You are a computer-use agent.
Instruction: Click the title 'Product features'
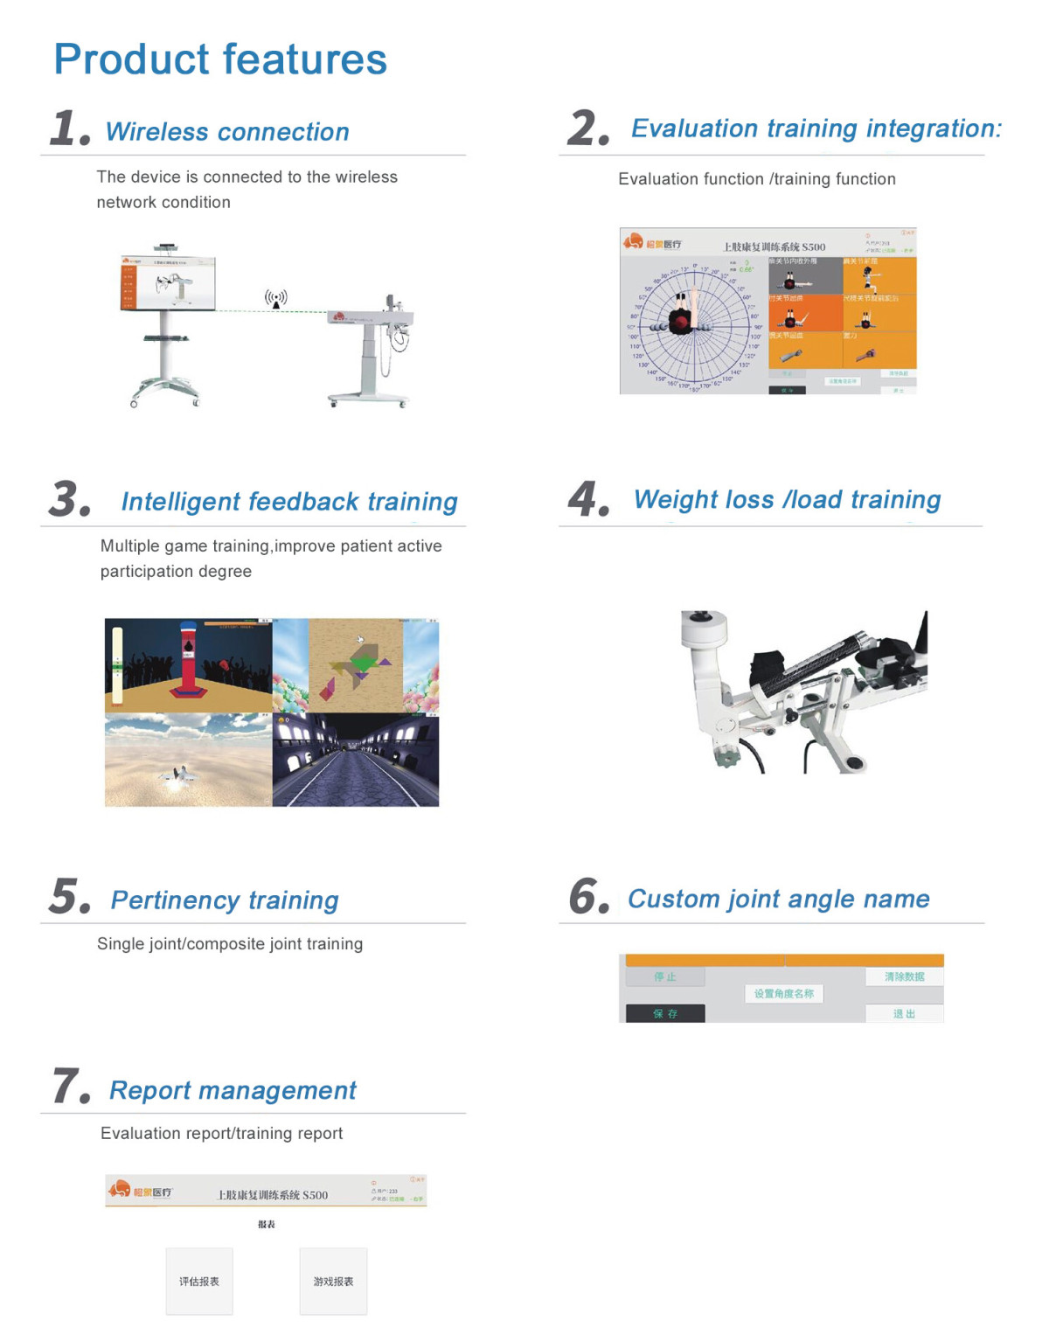219,59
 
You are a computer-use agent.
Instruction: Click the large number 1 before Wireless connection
68,128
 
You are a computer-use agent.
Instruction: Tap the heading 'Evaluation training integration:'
816,129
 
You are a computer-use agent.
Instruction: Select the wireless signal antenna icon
276,299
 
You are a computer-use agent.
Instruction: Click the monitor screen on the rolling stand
168,283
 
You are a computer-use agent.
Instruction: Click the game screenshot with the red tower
189,665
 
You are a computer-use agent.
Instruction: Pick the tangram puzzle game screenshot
356,665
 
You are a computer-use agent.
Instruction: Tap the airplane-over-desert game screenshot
189,760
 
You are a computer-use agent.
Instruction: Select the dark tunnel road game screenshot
356,760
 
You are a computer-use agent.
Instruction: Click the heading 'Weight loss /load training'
787,499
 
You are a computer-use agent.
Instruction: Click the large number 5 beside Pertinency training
69,897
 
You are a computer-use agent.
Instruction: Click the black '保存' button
665,1013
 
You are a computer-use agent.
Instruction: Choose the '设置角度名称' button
784,994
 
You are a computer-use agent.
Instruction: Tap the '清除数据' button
904,976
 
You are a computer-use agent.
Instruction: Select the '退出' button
904,1014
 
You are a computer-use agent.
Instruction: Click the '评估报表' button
199,1282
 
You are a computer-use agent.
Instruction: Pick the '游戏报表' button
333,1282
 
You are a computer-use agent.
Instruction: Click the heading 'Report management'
233,1090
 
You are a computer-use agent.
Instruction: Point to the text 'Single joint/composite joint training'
230,944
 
